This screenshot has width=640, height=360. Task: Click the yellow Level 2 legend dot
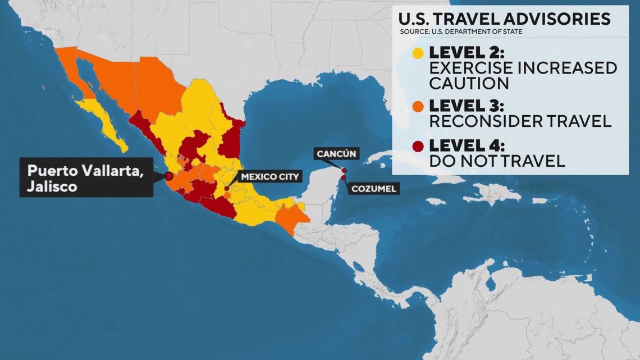pos(418,54)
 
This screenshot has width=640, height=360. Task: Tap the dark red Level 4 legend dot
pos(418,147)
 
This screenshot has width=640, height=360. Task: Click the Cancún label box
pos(335,153)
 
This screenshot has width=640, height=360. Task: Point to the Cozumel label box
pos(374,189)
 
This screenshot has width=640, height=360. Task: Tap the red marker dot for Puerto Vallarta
pos(168,176)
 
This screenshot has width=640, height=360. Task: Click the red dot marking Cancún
pos(344,171)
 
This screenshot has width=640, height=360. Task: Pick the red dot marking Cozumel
pos(343,178)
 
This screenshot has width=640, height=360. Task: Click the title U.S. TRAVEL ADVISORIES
pos(504,19)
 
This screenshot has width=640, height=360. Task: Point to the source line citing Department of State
pos(461,31)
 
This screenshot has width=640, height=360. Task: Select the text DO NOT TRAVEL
pos(496,162)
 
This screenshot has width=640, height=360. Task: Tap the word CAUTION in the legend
pos(469,83)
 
